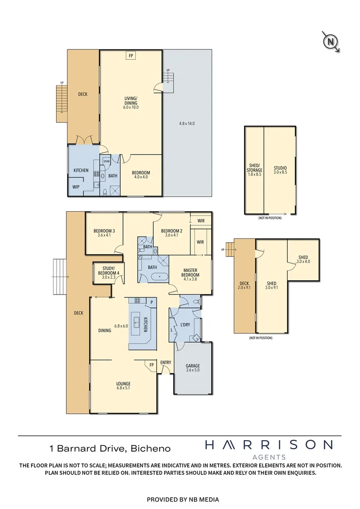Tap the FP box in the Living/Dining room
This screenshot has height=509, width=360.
pyautogui.click(x=131, y=56)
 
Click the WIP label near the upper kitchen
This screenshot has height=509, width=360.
pyautogui.click(x=76, y=187)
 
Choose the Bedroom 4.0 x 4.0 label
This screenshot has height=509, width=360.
pyautogui.click(x=141, y=175)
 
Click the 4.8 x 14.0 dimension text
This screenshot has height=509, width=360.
pyautogui.click(x=187, y=123)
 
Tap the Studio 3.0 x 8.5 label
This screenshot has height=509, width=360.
pyautogui.click(x=280, y=170)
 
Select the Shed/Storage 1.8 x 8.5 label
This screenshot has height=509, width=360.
pyautogui.click(x=255, y=170)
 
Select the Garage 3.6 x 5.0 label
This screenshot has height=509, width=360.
pyautogui.click(x=193, y=368)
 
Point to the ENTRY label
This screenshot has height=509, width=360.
pyautogui.click(x=165, y=362)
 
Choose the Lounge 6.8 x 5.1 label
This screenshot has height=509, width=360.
pyautogui.click(x=124, y=386)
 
